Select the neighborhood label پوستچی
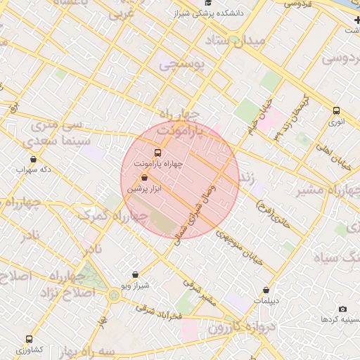pyautogui.click(x=181, y=65)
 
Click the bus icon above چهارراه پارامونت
pyautogui.click(x=157, y=152)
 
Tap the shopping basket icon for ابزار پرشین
pyautogui.click(x=145, y=179)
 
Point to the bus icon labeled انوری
pyautogui.click(x=337, y=110)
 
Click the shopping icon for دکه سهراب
pyautogui.click(x=34, y=159)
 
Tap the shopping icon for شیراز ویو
pyautogui.click(x=136, y=274)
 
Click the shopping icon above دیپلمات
pyautogui.click(x=266, y=290)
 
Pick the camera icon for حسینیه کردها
pyautogui.click(x=342, y=309)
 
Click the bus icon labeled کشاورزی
pyautogui.click(x=29, y=339)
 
